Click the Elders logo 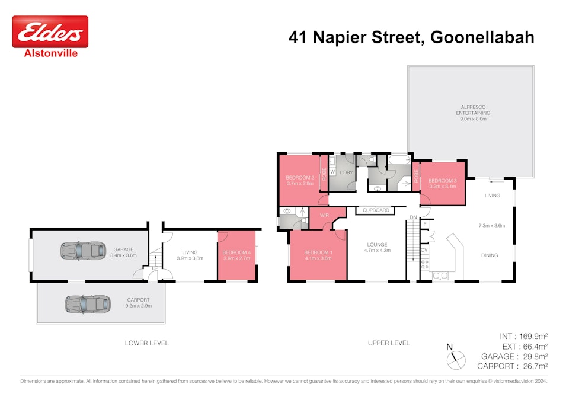(x=50, y=32)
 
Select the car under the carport (x=88, y=303)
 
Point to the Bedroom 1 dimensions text (x=318, y=258)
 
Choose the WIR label (x=324, y=215)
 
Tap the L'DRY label (x=346, y=172)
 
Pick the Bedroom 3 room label (x=442, y=181)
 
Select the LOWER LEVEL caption (x=146, y=343)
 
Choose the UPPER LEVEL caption (x=389, y=343)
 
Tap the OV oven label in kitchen (x=424, y=251)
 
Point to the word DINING (x=489, y=255)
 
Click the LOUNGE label (x=377, y=244)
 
